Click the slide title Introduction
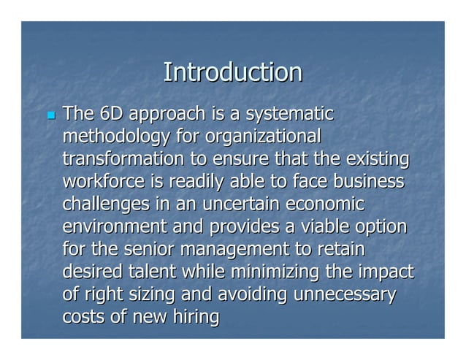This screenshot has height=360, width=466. pyautogui.click(x=232, y=72)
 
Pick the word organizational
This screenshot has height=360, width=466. pyautogui.click(x=263, y=137)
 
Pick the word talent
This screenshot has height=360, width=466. pyautogui.click(x=153, y=272)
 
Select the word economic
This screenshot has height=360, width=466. pyautogui.click(x=326, y=204)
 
